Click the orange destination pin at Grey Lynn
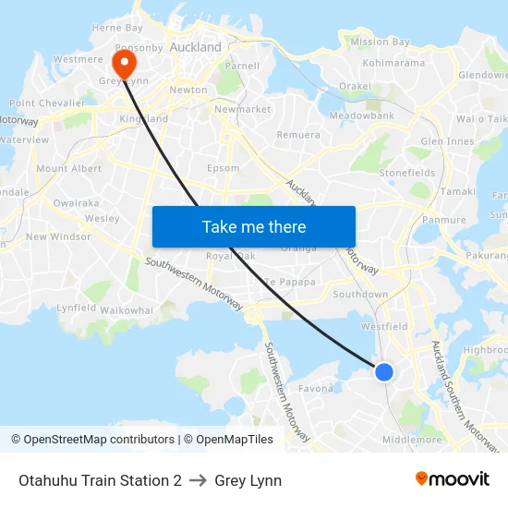(122, 63)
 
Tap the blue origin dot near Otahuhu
(384, 371)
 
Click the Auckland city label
(195, 46)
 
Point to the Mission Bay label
(380, 42)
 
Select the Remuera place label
(298, 135)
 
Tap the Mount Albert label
(68, 169)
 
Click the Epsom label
(224, 168)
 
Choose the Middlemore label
(412, 440)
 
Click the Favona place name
(316, 390)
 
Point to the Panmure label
(443, 220)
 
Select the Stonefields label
(406, 173)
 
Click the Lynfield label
(77, 308)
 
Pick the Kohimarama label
(393, 63)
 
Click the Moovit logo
(452, 479)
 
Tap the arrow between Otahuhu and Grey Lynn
(198, 481)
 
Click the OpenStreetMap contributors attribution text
(93, 440)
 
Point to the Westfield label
(383, 326)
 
